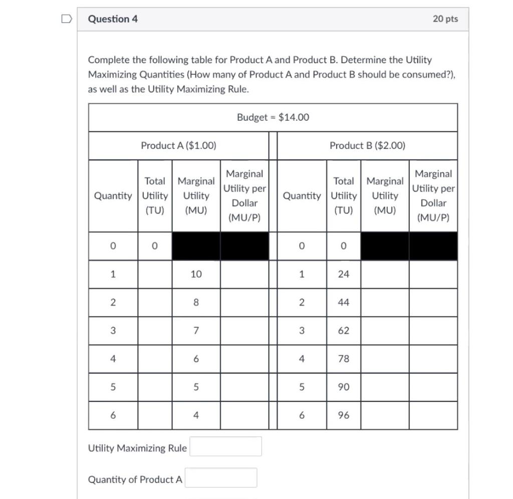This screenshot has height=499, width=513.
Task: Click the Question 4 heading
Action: (113, 19)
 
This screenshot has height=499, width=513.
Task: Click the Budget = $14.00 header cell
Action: (273, 117)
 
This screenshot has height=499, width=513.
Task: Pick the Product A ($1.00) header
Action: (178, 146)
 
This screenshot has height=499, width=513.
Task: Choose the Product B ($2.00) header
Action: (367, 146)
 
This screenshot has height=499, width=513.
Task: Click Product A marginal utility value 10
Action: (196, 274)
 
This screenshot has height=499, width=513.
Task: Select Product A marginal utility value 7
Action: (196, 331)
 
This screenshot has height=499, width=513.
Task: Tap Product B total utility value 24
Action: (344, 274)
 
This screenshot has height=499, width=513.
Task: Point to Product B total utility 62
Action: (344, 331)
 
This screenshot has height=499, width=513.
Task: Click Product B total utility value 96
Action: (344, 415)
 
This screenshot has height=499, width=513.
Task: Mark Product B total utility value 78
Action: (344, 359)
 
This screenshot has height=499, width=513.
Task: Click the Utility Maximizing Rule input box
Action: (225, 446)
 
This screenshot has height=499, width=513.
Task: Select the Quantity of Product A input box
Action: (221, 478)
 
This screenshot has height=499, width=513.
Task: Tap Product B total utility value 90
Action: (344, 387)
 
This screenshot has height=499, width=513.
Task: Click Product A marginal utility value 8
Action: (196, 303)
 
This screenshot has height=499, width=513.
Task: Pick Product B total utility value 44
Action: (344, 303)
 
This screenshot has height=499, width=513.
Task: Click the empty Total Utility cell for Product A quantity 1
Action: (155, 274)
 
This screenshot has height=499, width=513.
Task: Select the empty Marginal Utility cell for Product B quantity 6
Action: (385, 415)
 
